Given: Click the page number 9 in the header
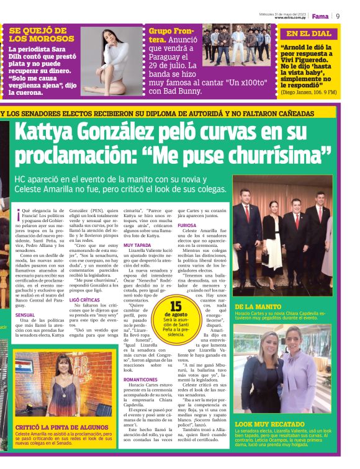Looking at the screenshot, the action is (338, 16).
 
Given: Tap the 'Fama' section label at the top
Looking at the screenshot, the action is (320, 16).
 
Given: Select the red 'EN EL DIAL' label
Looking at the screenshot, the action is (308, 33).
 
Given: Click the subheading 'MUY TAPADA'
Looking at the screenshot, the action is (137, 245).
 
